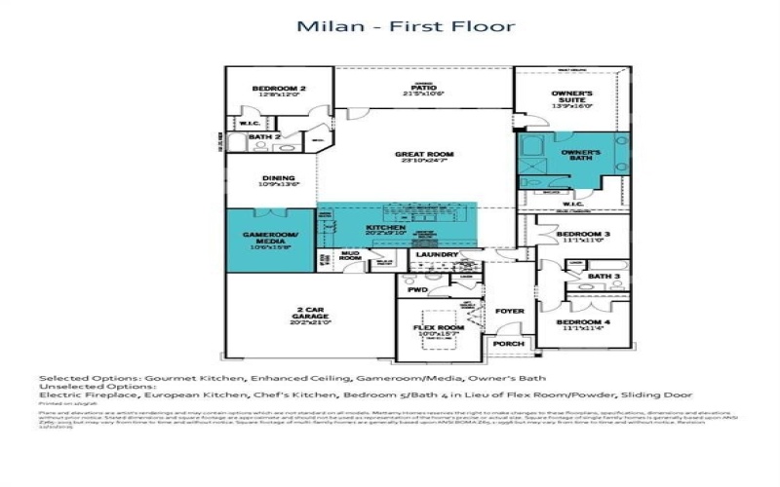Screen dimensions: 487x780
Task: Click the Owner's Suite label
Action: pyautogui.click(x=572, y=98)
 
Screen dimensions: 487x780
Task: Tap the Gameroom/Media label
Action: pyautogui.click(x=270, y=239)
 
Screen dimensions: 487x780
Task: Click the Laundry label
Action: pyautogui.click(x=435, y=255)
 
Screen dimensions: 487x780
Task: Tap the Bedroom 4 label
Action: pyautogui.click(x=583, y=324)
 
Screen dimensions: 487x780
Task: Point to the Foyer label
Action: pyautogui.click(x=509, y=312)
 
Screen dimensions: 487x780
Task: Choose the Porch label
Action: pyautogui.click(x=508, y=344)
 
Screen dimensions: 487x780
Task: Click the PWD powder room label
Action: pyautogui.click(x=418, y=289)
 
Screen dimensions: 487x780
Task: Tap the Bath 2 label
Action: pyautogui.click(x=258, y=137)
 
